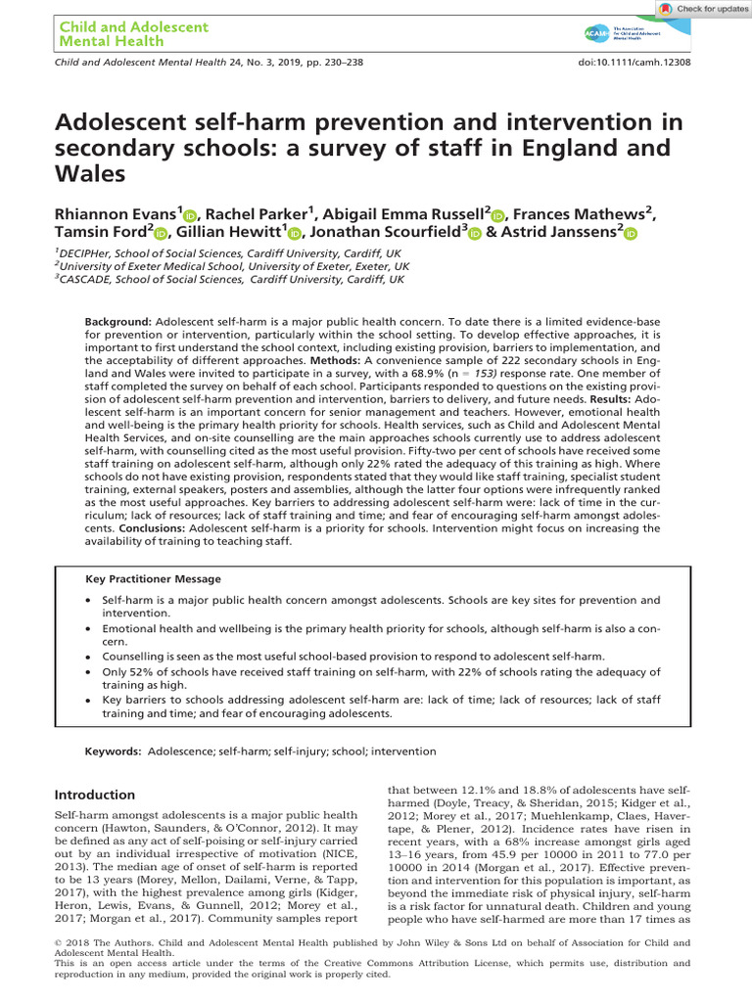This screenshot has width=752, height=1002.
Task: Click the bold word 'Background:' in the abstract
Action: tap(117, 322)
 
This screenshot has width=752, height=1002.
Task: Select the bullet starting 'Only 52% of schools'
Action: tap(381, 679)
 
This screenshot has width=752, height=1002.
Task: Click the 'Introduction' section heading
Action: tap(94, 795)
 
